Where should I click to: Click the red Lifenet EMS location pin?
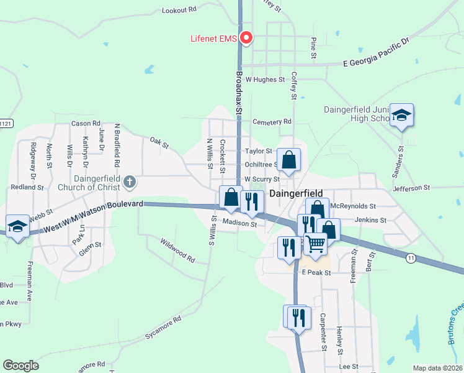pos(246,38)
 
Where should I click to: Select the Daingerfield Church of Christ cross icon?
pos(129,182)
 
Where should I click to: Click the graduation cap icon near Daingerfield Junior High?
pos(402,115)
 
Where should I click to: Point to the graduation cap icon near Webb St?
pos(18,226)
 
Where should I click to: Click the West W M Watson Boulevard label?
pos(94,216)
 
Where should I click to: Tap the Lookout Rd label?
pos(179,10)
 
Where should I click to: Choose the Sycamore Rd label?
pos(163,328)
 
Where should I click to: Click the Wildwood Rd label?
pos(177,251)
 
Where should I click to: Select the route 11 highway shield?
pos(410,257)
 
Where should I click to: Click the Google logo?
pos(20,366)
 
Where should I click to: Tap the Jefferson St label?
pos(411,187)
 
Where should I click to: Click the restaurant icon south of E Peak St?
pos(296,316)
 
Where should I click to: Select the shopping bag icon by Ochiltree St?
pos(289,160)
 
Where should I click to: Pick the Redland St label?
pos(27,186)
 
